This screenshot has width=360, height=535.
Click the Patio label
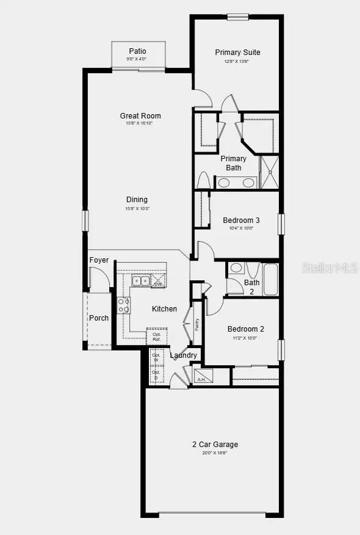coord(137,51)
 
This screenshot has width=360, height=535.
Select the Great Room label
coord(140,115)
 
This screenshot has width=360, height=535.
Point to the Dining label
coord(137,200)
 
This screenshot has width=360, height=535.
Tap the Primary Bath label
coord(234,163)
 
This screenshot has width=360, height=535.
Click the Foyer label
coord(99,260)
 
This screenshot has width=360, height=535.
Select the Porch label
coord(99,318)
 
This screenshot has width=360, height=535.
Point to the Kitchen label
coord(164,309)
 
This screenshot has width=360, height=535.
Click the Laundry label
coord(183,355)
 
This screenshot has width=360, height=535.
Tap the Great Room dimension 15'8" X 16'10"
coord(140,123)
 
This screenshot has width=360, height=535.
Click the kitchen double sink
coord(141,281)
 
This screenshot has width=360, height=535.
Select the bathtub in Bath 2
coord(270,280)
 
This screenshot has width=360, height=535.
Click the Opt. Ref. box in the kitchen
coord(157,337)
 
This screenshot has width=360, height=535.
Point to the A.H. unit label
coord(201,379)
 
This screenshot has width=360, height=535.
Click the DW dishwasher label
coord(157,284)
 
